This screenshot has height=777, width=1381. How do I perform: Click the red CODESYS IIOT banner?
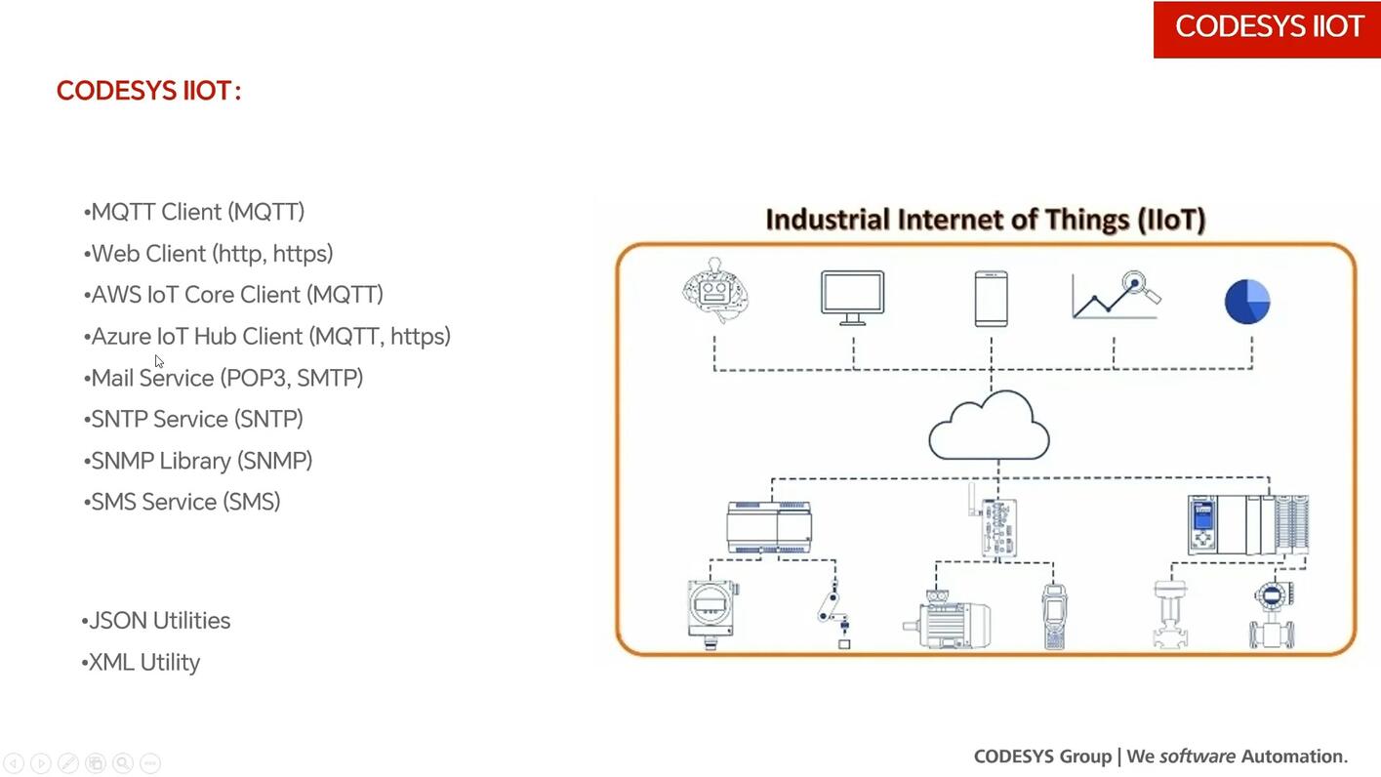coord(1267,28)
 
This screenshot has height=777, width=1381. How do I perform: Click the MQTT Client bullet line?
coord(195,212)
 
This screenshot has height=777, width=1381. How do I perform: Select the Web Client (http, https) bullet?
coord(210,254)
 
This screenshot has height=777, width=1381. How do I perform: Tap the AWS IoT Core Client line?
coord(235,295)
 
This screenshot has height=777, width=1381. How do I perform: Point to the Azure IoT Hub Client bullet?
coord(268,337)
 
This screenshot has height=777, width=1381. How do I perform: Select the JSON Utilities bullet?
coord(157,621)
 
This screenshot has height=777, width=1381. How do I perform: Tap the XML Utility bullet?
coord(142,663)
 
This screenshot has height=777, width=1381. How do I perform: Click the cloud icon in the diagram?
coord(989,427)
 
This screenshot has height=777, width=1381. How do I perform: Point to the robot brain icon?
coord(715,290)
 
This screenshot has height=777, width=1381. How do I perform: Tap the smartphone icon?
coord(991,298)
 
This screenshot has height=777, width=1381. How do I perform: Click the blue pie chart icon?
coord(1247,301)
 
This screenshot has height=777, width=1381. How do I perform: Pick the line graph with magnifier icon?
coord(1116,295)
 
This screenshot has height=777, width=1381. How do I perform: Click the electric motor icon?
coord(946,619)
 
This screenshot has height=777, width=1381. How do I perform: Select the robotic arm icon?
coord(833,613)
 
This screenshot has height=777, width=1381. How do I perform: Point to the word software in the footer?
coord(1197,757)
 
